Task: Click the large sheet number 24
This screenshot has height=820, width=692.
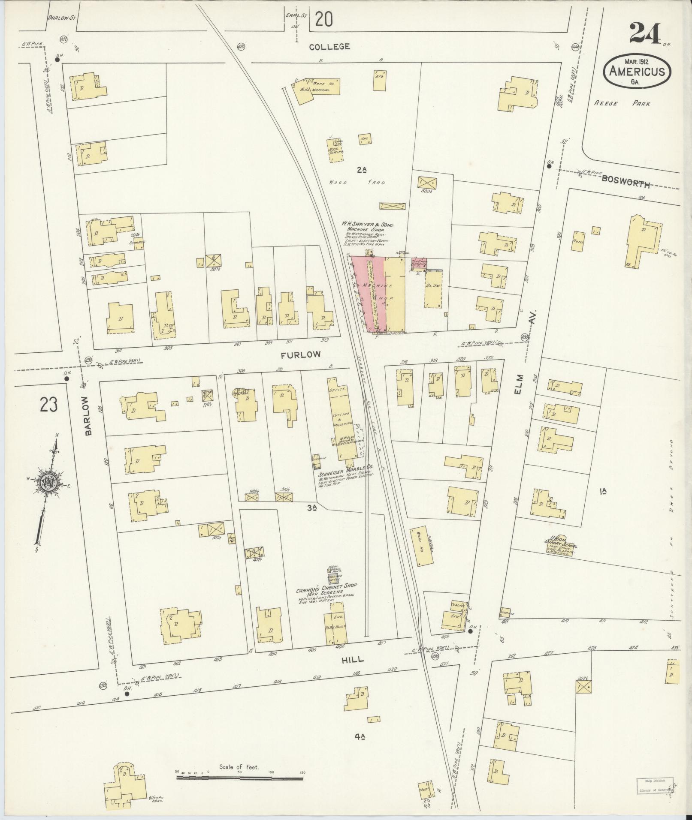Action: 645,33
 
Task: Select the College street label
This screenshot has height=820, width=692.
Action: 330,46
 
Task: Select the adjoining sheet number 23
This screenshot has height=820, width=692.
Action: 48,404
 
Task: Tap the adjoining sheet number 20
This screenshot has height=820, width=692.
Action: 323,19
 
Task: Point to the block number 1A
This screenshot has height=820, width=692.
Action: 603,492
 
